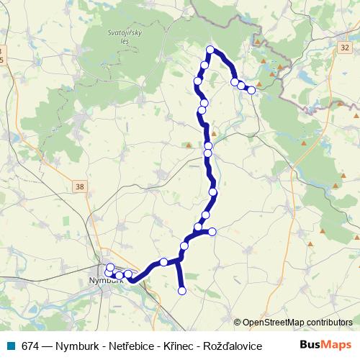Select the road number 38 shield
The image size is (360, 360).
click(x=79, y=186)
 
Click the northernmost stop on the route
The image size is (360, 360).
click(x=210, y=50)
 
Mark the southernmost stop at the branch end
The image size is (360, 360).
click(x=181, y=291)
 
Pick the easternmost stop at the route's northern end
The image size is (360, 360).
click(x=251, y=90)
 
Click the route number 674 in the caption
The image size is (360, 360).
click(x=31, y=345)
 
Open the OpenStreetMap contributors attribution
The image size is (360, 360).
click(x=297, y=322)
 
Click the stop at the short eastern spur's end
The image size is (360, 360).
click(x=212, y=231)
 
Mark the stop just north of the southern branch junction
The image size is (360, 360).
click(x=184, y=246)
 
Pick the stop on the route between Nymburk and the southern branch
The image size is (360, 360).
click(x=163, y=261)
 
